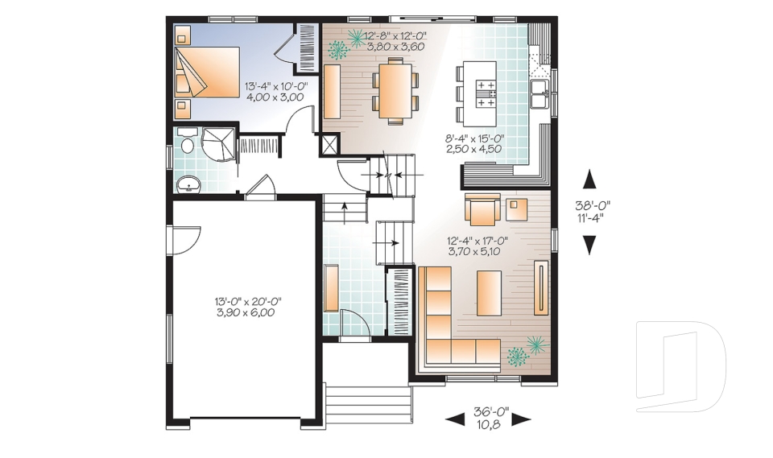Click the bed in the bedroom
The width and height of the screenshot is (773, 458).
(208, 72)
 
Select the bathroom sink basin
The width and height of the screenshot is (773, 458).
(190, 184)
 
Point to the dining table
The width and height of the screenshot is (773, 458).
(395, 89)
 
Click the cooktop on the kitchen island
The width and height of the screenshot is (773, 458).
(486, 93)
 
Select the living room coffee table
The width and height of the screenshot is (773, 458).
(489, 287)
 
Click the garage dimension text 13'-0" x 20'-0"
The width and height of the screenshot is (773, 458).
(247, 302)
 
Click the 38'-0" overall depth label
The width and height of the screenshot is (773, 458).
(593, 204)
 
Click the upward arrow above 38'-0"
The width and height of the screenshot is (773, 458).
(590, 178)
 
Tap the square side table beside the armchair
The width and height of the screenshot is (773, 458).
(515, 209)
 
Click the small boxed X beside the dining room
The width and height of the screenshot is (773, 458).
(330, 145)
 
